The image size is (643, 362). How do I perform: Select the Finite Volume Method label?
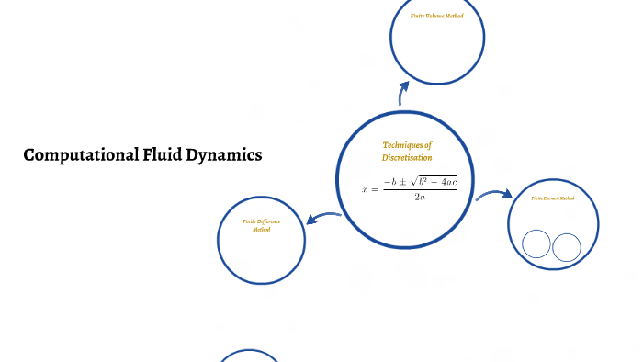pos(437,17)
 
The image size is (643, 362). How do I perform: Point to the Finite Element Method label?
pos(553,198)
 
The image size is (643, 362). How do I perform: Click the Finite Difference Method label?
pos(262,225)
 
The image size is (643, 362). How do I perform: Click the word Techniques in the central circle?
pos(406,145)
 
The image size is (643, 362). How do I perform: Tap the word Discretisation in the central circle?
pos(407,158)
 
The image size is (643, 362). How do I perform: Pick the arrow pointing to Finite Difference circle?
pos(322,218)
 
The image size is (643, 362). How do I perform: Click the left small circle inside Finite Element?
pos(536,245)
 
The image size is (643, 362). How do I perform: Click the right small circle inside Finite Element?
pos(567,247)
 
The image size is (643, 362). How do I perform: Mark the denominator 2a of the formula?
pos(420,197)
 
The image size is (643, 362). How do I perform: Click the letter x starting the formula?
pos(365,189)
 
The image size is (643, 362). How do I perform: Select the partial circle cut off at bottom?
pos(248,356)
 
